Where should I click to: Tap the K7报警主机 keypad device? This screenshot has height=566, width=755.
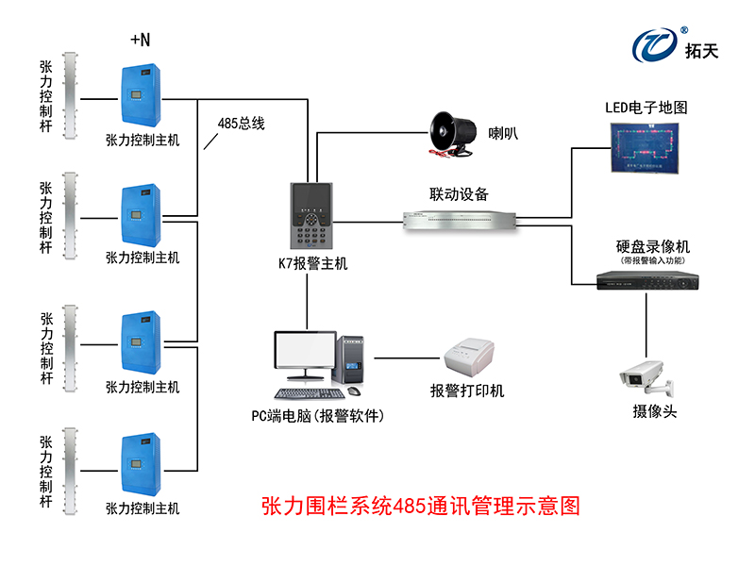point(311,215)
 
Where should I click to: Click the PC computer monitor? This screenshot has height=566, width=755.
point(305,356)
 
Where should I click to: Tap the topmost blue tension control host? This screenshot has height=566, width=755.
point(143,97)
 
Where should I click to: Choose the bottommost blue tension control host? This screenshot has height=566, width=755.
point(143,465)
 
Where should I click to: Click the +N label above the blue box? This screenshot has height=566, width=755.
point(140,40)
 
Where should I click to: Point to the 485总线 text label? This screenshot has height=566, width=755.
point(241,123)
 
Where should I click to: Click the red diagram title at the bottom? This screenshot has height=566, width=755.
point(419,507)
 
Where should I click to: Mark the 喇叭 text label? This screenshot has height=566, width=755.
point(503,133)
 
